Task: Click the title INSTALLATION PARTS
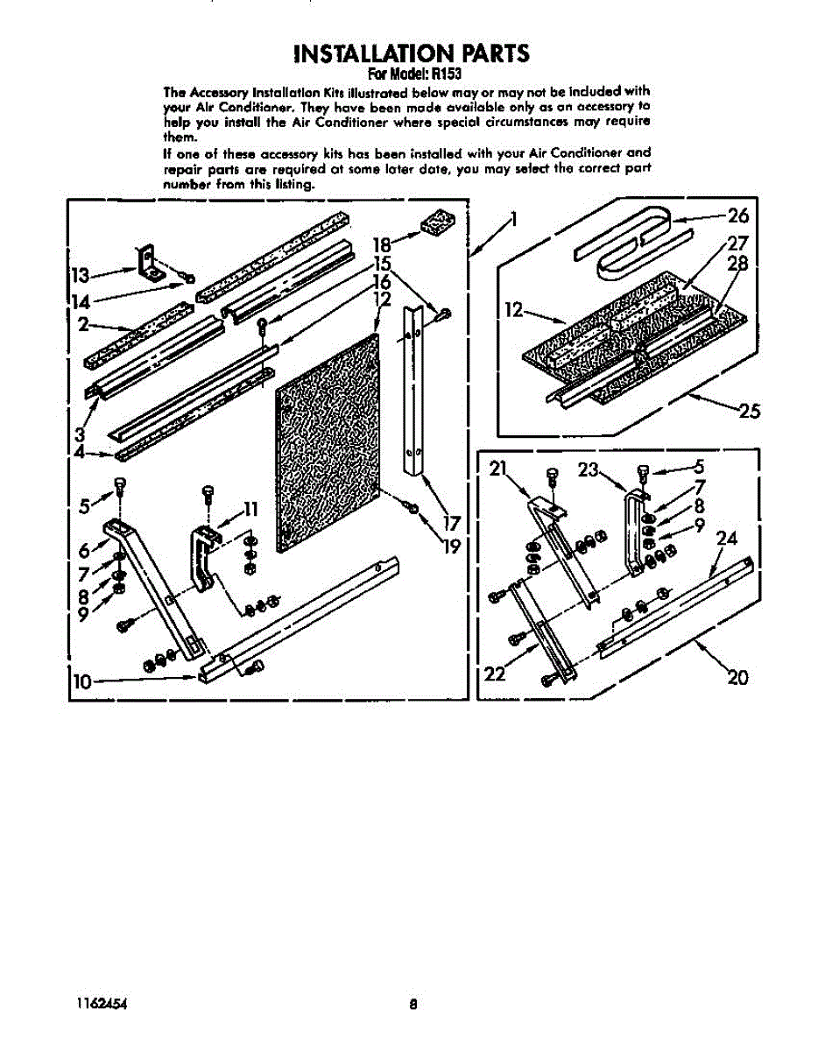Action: coord(411,53)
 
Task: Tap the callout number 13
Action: coord(81,276)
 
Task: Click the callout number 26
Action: coord(738,215)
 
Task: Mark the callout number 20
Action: coord(737,676)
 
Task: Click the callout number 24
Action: coord(727,540)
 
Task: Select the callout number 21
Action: coord(499,469)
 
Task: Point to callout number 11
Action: coord(250,508)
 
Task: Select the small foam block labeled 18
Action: coord(434,222)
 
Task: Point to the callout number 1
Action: coord(514,218)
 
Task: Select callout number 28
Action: coord(738,265)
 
